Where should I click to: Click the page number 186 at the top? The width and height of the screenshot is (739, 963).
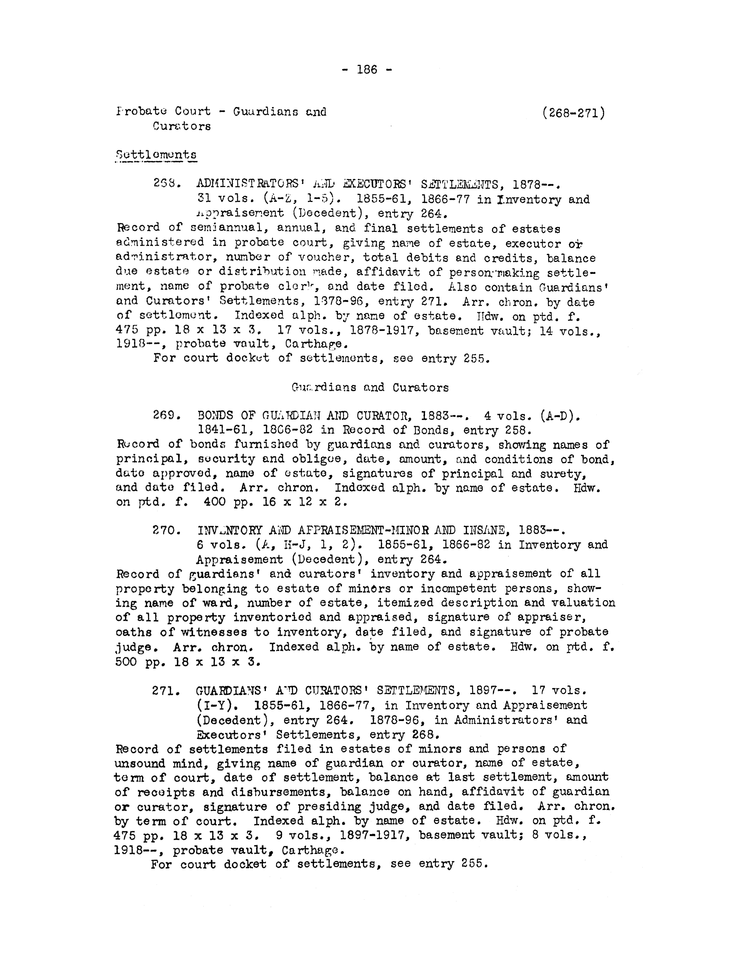coord(367,70)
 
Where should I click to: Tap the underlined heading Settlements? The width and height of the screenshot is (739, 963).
coord(156,155)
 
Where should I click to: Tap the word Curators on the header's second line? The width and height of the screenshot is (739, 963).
coord(182,126)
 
